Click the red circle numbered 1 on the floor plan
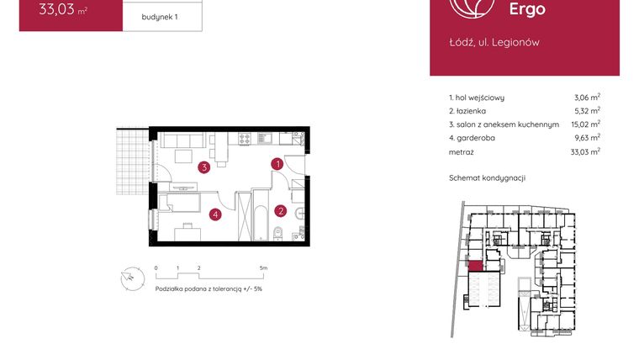276,165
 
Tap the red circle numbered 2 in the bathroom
282,211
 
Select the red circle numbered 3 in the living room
204,167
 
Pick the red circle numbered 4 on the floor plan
216,214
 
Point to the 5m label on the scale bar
264,267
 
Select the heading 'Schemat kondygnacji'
487,178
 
